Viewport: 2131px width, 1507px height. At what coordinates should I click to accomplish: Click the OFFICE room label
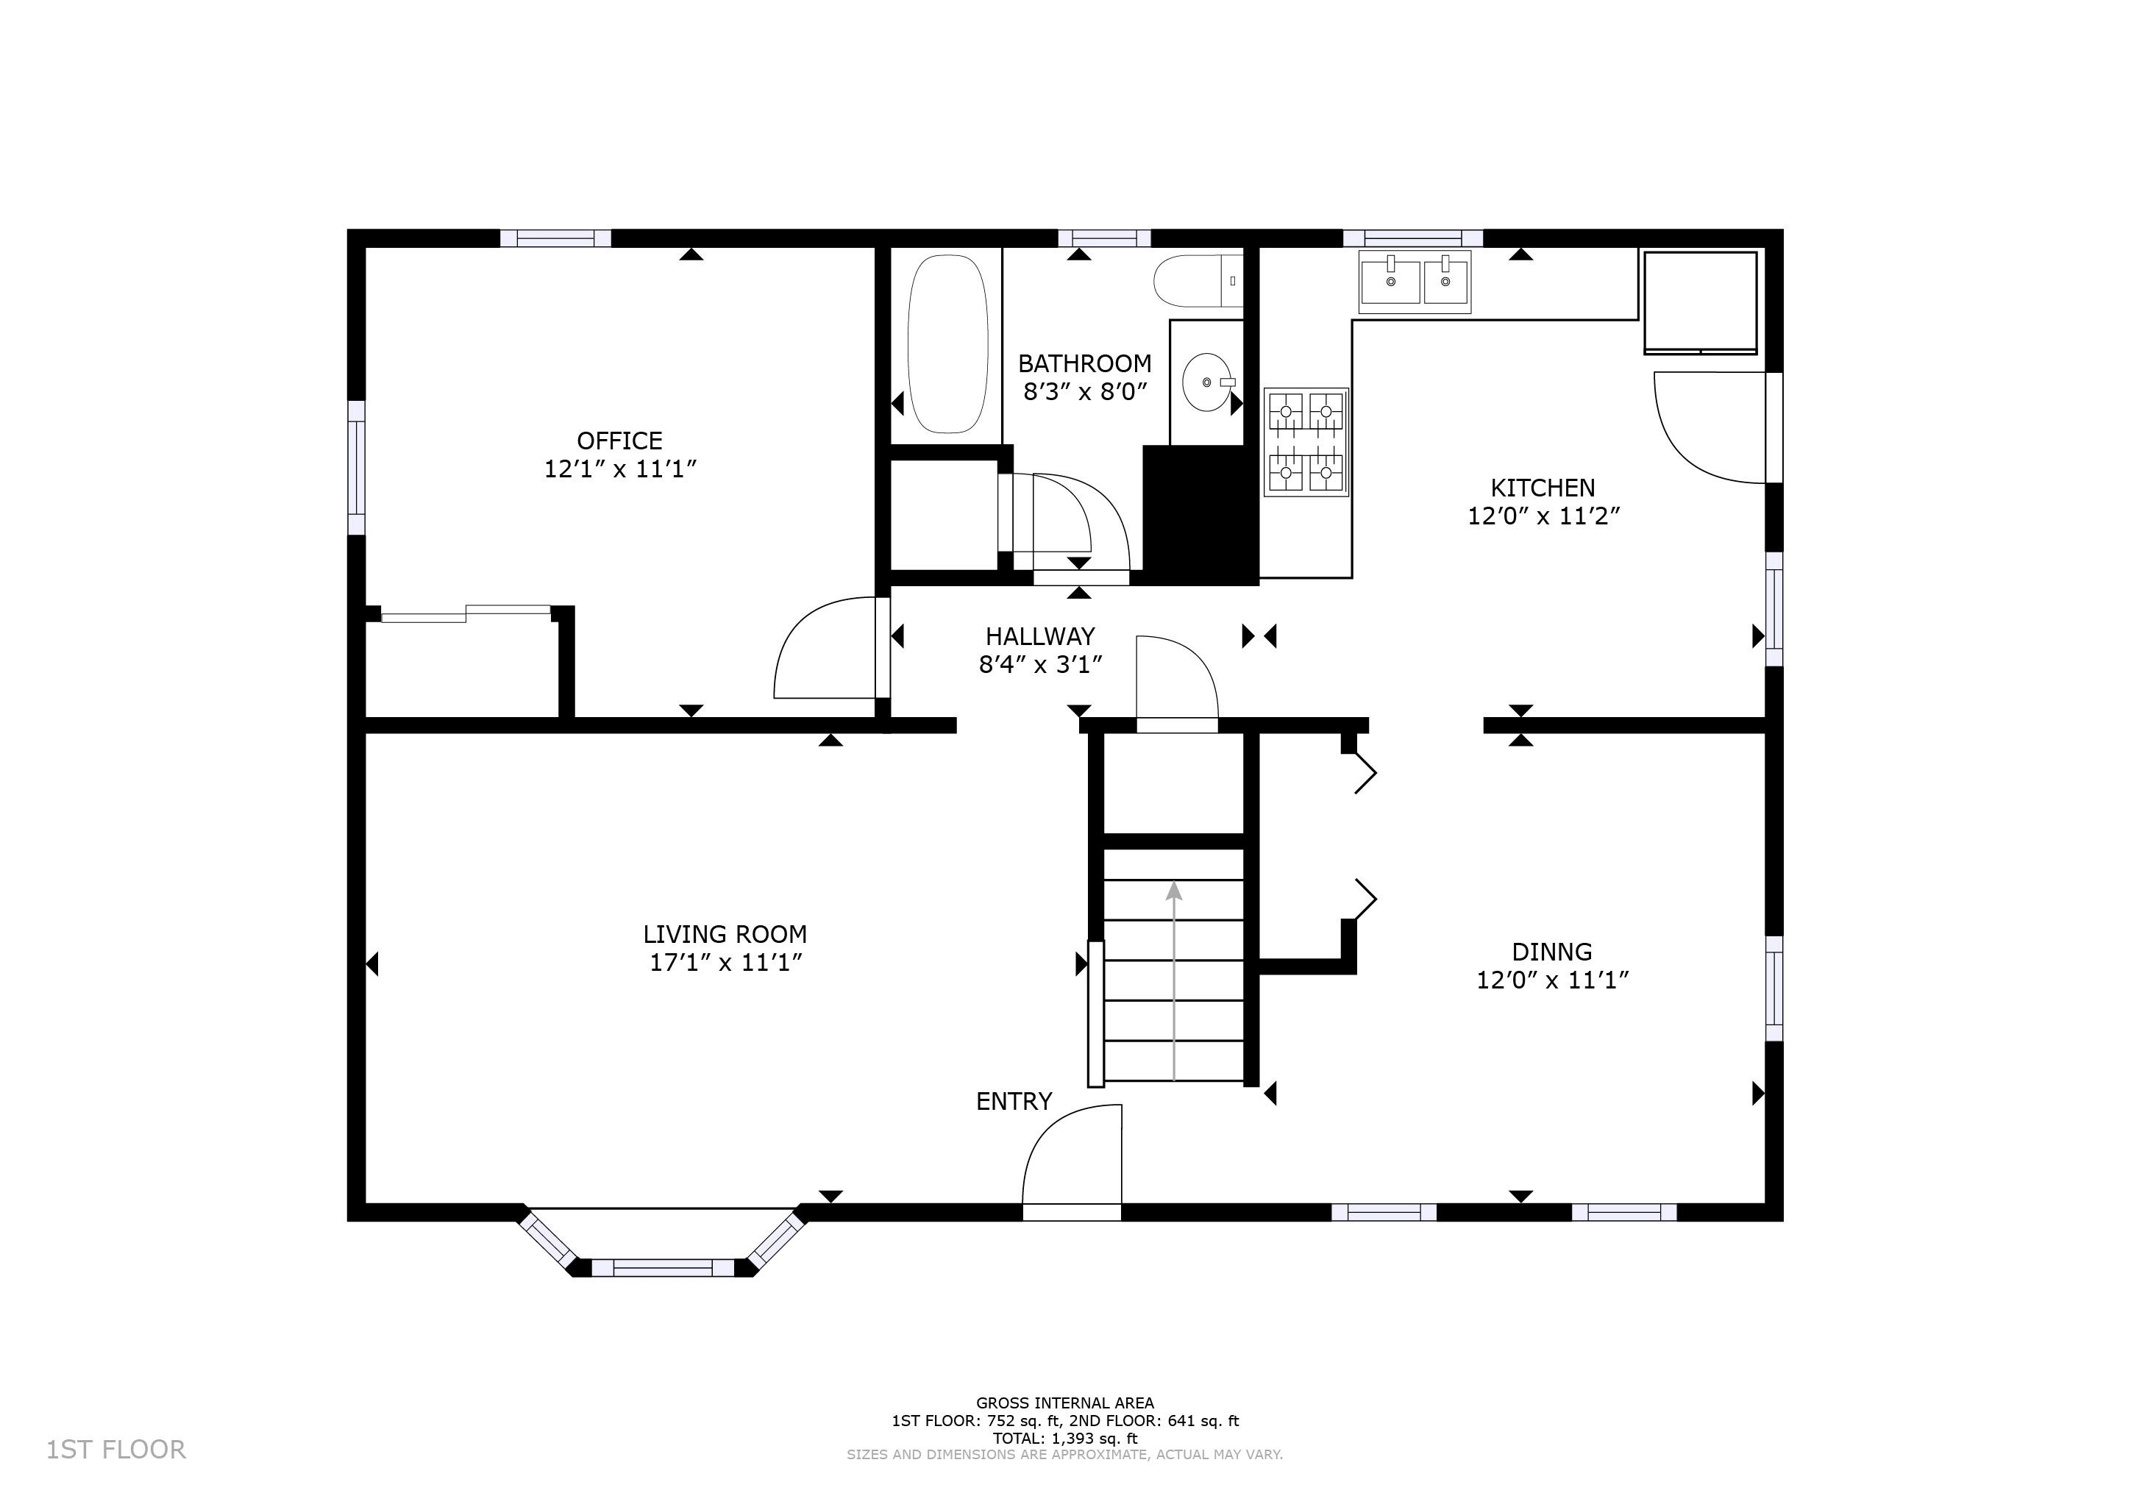[620, 441]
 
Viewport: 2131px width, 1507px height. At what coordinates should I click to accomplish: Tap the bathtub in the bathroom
[947, 344]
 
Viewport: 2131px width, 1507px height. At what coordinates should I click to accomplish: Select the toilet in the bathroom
[1198, 280]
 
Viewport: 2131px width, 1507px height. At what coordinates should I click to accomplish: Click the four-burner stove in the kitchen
[1306, 442]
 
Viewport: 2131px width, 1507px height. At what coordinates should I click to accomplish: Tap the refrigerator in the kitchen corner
[1701, 302]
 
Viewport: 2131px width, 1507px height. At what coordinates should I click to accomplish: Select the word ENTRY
[1014, 1102]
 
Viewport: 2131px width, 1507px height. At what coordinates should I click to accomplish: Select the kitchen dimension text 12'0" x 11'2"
[1543, 516]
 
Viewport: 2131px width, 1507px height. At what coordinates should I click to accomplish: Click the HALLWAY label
[1040, 637]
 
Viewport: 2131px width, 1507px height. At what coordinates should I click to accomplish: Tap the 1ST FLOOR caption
[116, 1450]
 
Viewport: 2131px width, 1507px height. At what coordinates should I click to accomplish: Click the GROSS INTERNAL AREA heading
[1065, 1403]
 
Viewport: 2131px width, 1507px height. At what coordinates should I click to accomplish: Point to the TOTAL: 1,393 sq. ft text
[1065, 1439]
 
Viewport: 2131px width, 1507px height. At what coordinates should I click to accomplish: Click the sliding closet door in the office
[466, 613]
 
